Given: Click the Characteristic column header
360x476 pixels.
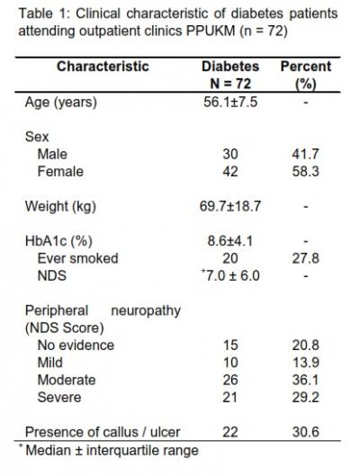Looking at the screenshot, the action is pyautogui.click(x=103, y=67).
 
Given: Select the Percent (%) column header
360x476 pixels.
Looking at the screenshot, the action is pyautogui.click(x=306, y=75).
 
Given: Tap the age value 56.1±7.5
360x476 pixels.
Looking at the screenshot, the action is pyautogui.click(x=230, y=102).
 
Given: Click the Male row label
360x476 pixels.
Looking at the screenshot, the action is pyautogui.click(x=52, y=154).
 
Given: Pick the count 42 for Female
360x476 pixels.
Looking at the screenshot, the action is pyautogui.click(x=230, y=172).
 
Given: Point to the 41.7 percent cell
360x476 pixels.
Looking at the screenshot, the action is pyautogui.click(x=305, y=154).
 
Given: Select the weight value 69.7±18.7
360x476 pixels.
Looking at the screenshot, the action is pyautogui.click(x=230, y=206).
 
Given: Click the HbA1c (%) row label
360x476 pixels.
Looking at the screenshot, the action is pyautogui.click(x=58, y=241).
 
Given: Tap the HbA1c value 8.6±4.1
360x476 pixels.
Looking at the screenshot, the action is pyautogui.click(x=230, y=241).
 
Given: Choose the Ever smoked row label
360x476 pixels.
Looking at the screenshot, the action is pyautogui.click(x=77, y=258).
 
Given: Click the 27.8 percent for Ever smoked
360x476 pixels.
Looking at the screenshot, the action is pyautogui.click(x=306, y=258).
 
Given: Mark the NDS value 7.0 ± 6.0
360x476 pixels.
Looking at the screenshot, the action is pyautogui.click(x=231, y=275).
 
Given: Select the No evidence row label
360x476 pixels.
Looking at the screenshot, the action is pyautogui.click(x=76, y=346).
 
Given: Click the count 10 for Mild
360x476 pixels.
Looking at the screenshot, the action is pyautogui.click(x=230, y=363).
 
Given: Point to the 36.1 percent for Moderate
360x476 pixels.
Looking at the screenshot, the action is pyautogui.click(x=305, y=380).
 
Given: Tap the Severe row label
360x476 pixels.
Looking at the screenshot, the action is pyautogui.click(x=59, y=398).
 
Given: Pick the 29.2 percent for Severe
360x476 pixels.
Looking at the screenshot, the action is pyautogui.click(x=306, y=398).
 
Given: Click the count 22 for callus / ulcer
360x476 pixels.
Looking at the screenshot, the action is pyautogui.click(x=230, y=432).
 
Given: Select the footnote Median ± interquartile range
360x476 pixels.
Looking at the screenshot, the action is pyautogui.click(x=112, y=450).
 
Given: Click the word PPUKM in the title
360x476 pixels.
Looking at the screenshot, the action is pyautogui.click(x=211, y=31).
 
